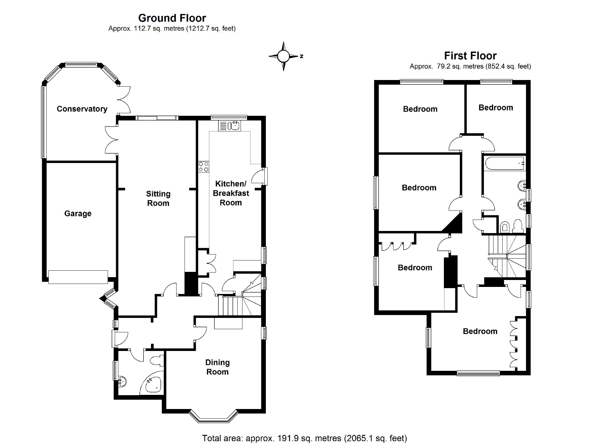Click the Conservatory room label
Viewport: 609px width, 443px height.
point(82,109)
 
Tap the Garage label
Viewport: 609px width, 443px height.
point(78,214)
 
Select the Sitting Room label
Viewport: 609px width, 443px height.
point(158,198)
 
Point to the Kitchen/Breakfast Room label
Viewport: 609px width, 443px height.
point(231,193)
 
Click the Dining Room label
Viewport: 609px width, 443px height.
point(217,367)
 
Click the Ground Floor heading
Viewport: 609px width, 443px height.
point(172,18)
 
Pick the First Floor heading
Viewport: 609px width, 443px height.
point(470,56)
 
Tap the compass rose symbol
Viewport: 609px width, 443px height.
point(283,56)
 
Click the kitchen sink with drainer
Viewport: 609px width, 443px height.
point(229,126)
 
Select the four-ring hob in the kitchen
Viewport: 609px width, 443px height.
point(203,167)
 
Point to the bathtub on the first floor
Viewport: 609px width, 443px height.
point(504,164)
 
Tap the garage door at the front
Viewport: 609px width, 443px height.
point(78,277)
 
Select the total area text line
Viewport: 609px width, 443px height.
point(304,438)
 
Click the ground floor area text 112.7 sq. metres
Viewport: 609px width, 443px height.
point(172,29)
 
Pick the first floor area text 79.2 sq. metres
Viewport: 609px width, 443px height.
point(470,66)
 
